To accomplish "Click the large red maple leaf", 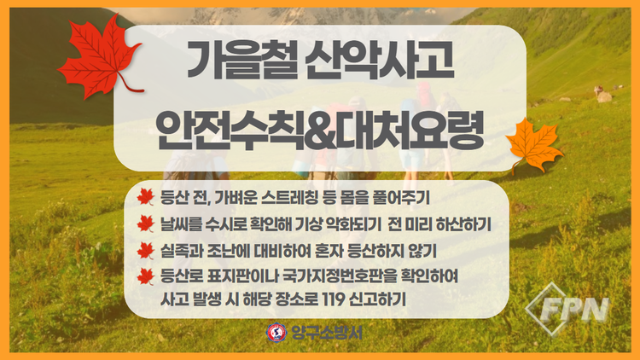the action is tap(100, 56).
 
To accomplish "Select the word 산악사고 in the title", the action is tap(380, 61).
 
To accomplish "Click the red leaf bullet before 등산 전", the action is tap(146, 197).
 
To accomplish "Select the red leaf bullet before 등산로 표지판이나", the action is tap(146, 276).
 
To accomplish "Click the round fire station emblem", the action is tap(276, 333).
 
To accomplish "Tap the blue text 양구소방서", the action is tap(327, 333).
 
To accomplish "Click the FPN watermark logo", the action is tap(567, 310).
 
